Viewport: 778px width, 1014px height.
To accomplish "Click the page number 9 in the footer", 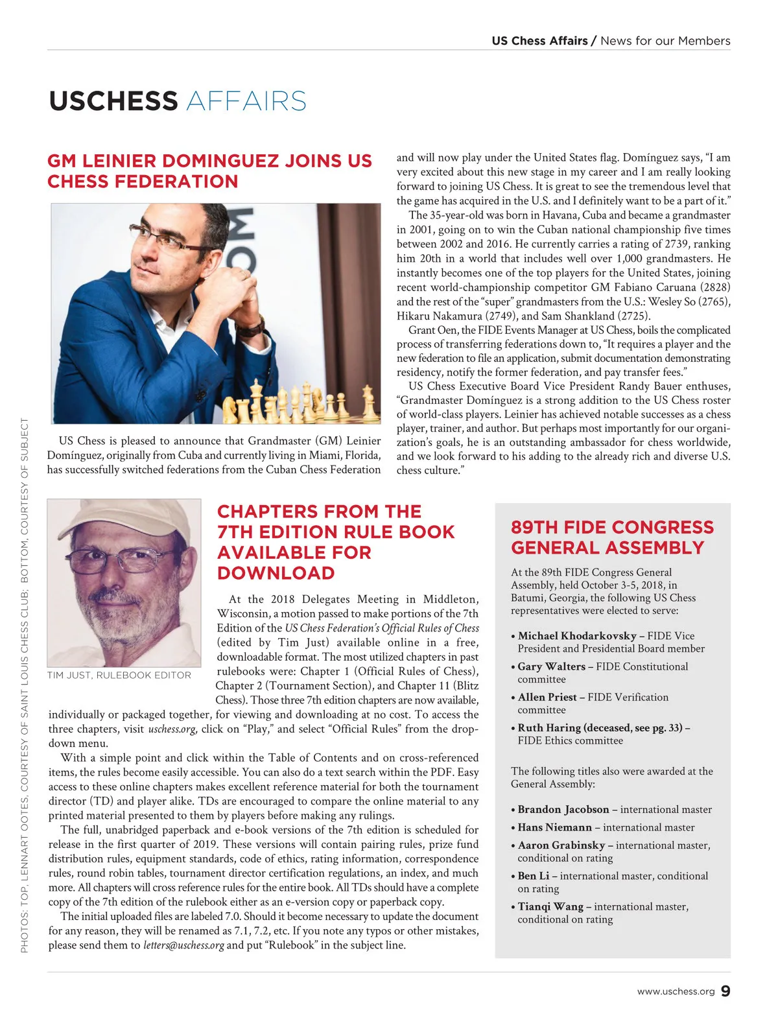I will tap(725, 991).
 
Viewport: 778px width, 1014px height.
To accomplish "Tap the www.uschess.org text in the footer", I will tap(676, 992).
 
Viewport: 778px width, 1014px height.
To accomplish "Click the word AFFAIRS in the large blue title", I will tap(246, 102).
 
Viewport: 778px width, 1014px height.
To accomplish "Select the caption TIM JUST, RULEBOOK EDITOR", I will tap(119, 676).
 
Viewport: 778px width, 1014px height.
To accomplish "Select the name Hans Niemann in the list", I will tap(554, 828).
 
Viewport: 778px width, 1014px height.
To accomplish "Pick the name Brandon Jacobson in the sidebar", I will tap(563, 810).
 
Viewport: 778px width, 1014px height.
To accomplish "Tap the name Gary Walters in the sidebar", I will tap(551, 666).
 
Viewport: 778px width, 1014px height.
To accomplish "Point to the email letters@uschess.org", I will tap(183, 945).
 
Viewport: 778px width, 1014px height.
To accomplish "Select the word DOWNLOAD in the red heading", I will tap(276, 574).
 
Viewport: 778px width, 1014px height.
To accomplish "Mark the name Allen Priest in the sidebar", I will tap(547, 698).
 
